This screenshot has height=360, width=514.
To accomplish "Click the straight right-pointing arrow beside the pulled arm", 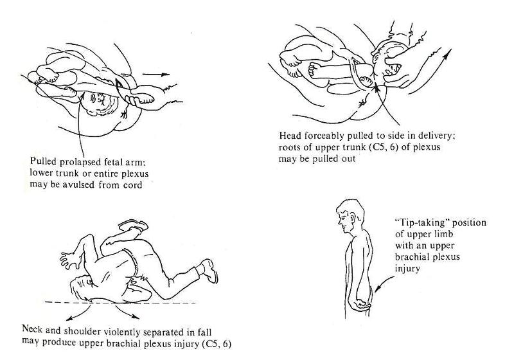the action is (x=156, y=75).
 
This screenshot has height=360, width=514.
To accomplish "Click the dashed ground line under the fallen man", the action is (x=120, y=303).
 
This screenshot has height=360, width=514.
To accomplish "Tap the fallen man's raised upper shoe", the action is (x=134, y=226).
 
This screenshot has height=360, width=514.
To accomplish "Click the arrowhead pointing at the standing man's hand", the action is (x=378, y=289).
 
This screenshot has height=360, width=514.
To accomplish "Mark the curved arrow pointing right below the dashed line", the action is (x=128, y=313).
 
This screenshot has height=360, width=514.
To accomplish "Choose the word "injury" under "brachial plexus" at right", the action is (x=407, y=269).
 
